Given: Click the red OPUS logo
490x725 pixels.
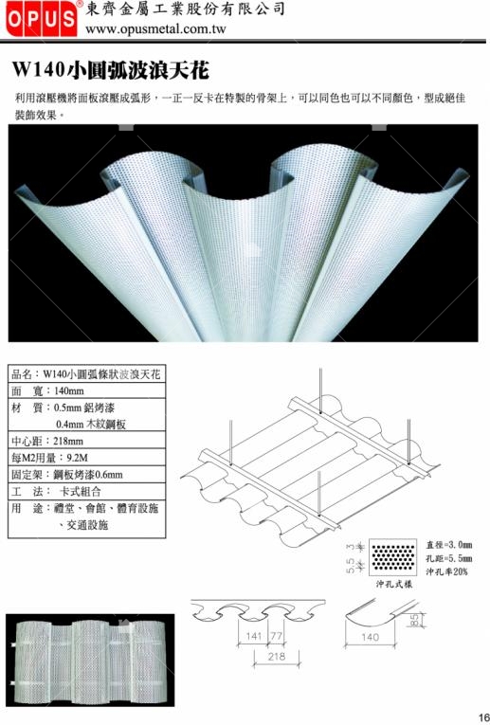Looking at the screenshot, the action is [42, 19].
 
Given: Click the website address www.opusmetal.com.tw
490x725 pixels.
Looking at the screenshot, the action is [155, 29].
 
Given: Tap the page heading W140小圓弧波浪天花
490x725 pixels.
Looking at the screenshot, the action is [111, 70].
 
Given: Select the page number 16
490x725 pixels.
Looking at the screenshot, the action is [484, 716].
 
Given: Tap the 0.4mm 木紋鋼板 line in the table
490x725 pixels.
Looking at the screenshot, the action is [91, 424].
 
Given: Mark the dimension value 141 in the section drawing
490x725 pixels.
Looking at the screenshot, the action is [254, 636].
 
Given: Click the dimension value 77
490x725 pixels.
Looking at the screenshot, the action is [276, 636].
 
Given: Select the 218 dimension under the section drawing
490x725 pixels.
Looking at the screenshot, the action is [277, 656].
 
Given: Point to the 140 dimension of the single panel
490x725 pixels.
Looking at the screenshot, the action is [370, 637].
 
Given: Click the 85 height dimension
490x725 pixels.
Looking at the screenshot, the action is [414, 620].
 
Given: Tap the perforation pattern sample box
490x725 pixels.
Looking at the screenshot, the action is [393, 557].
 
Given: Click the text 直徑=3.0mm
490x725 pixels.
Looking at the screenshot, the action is [449, 545].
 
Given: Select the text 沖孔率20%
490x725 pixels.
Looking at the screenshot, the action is [446, 572].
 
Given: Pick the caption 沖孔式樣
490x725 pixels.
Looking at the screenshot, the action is [393, 584].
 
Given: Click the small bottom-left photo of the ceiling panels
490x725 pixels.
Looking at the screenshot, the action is [90, 660].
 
